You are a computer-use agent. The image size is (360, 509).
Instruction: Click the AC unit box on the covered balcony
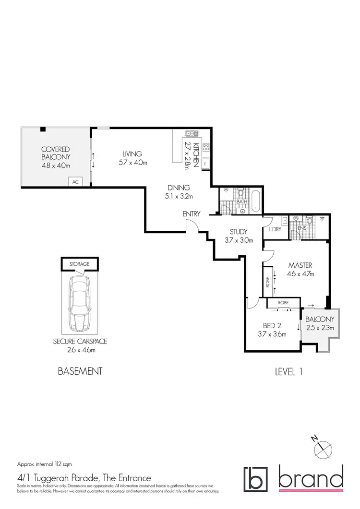click(75, 182)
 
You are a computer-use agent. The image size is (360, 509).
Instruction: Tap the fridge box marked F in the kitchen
click(205, 164)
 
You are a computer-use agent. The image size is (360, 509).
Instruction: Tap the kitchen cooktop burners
click(206, 148)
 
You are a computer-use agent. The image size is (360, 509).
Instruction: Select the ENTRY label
click(191, 214)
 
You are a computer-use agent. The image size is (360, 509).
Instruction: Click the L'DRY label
click(275, 230)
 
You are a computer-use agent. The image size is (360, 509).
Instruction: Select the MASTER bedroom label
click(300, 265)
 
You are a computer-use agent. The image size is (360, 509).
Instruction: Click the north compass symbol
click(323, 448)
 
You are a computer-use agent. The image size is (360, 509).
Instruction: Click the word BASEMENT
click(80, 371)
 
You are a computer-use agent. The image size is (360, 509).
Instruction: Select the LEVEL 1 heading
click(288, 371)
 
